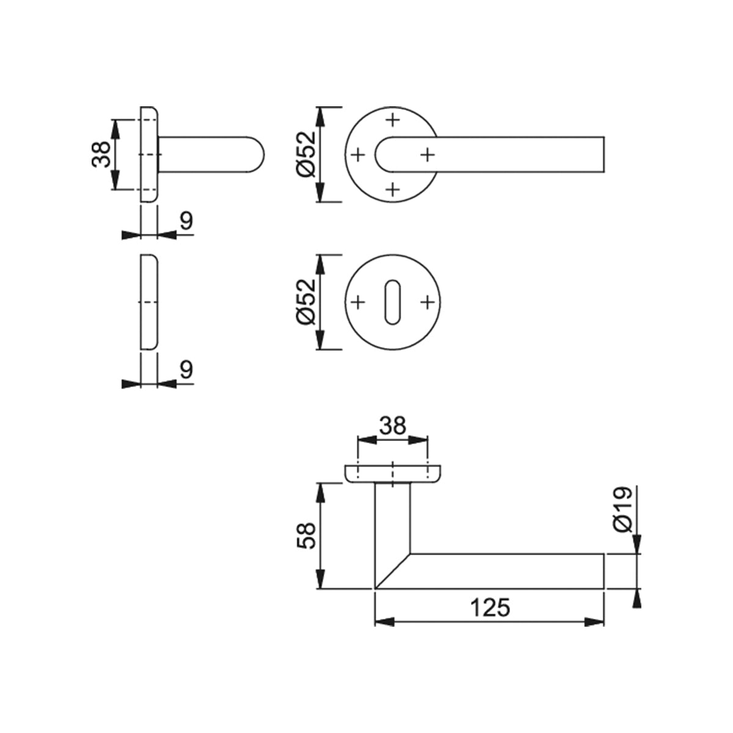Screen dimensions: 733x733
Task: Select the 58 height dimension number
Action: point(306,536)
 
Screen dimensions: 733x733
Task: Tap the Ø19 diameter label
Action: point(622,509)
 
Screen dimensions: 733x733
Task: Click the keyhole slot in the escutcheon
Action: point(393,302)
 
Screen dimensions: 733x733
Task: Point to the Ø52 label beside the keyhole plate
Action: point(306,302)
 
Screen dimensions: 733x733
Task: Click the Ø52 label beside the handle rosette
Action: point(306,154)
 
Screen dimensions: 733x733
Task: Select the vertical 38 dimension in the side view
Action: point(101,154)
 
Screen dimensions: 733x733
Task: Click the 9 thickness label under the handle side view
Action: point(186,221)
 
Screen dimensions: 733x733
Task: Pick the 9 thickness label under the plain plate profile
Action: point(186,369)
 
